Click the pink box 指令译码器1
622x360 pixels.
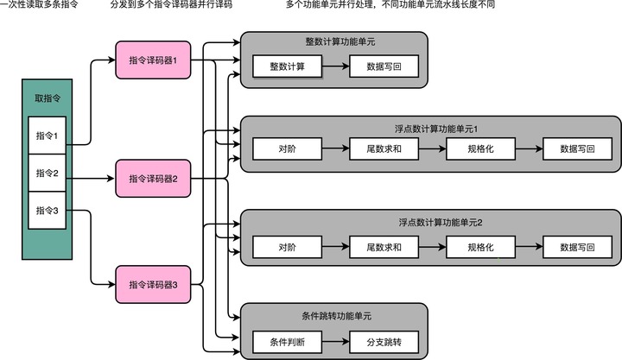point(152,60)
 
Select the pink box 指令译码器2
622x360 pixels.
point(152,179)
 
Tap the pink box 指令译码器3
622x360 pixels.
point(152,284)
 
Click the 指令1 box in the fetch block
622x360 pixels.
point(47,136)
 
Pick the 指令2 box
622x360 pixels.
point(47,174)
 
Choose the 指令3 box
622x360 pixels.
point(47,210)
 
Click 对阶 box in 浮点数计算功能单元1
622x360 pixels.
point(287,148)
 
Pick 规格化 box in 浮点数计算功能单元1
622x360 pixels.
point(479,148)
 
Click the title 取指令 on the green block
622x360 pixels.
point(47,98)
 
